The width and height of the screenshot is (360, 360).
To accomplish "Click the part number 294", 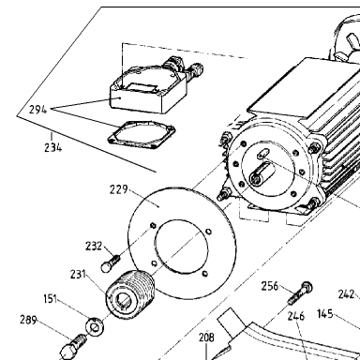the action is pos(37,110).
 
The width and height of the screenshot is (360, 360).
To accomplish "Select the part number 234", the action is pos(52,147).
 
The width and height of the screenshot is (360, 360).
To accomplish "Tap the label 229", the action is pos(119,189).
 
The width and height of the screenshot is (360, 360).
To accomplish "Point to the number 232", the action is pos(94,247).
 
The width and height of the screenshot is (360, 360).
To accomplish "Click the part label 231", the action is pos(78,274).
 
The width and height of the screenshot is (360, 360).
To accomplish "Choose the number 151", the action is pos(51,299).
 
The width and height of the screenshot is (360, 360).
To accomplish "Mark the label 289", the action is pos(28,320).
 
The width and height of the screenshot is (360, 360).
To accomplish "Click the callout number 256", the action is pos(270,286).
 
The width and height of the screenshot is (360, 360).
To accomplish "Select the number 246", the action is pos(296,316).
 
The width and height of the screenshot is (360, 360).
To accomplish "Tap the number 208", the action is pos(206,337).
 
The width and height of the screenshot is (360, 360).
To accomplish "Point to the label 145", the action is pos(325,314).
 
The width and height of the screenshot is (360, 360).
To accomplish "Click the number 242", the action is pos(347,294).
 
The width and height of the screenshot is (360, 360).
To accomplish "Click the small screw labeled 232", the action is pos(111,262).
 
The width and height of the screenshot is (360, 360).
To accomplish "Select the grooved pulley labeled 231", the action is pos(130,294).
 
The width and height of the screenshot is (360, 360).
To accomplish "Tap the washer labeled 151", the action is pos(95,327).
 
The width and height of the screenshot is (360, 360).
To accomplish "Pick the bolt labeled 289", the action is pos(74,345).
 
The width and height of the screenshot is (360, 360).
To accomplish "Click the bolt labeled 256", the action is pos(300,292).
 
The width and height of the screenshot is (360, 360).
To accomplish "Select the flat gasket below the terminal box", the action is pos(142,136).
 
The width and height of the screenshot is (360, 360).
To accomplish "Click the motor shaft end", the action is pos(257,178).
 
